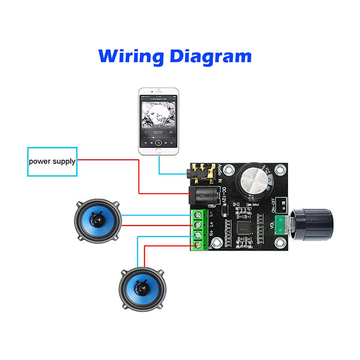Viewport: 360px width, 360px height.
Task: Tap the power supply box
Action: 53,161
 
